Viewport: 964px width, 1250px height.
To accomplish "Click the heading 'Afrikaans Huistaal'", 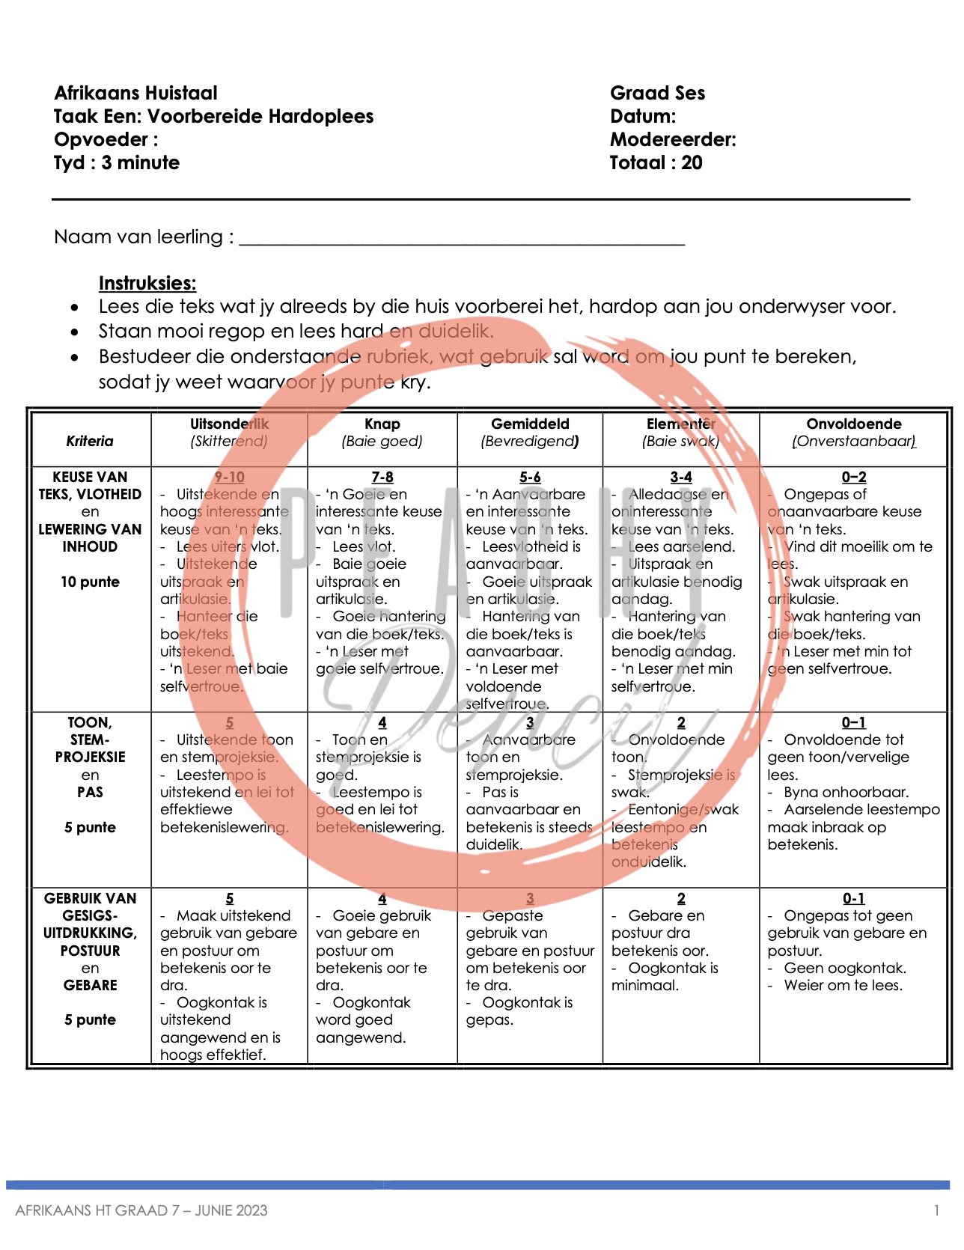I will (x=135, y=94).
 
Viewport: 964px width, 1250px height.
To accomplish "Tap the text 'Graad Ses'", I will (x=657, y=94).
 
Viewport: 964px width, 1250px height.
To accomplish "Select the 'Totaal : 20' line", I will (x=656, y=163).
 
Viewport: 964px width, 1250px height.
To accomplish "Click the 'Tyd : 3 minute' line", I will (x=117, y=163).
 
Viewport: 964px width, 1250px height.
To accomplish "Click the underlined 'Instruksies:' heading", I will (x=147, y=284).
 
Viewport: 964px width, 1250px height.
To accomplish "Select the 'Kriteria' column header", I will (x=90, y=441).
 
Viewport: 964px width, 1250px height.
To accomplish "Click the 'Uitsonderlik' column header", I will (x=229, y=424).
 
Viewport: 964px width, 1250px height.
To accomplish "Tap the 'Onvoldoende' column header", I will (x=854, y=424).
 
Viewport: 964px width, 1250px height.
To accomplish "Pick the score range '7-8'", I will (x=382, y=478).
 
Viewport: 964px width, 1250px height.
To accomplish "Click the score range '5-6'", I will (x=530, y=478).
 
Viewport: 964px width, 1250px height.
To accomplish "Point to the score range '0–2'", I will (x=853, y=478).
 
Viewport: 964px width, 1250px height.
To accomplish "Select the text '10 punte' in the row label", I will (x=90, y=582).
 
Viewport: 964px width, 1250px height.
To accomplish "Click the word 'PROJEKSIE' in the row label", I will (x=90, y=757).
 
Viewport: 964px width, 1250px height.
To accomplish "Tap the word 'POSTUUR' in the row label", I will (x=90, y=951).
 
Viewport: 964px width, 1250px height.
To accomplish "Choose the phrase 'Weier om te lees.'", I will (x=843, y=986).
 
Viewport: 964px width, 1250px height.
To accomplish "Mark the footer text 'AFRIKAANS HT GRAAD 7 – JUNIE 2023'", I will (x=141, y=1210).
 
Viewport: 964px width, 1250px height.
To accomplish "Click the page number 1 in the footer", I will (x=936, y=1210).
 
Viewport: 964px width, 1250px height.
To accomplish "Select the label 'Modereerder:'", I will (x=673, y=140).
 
